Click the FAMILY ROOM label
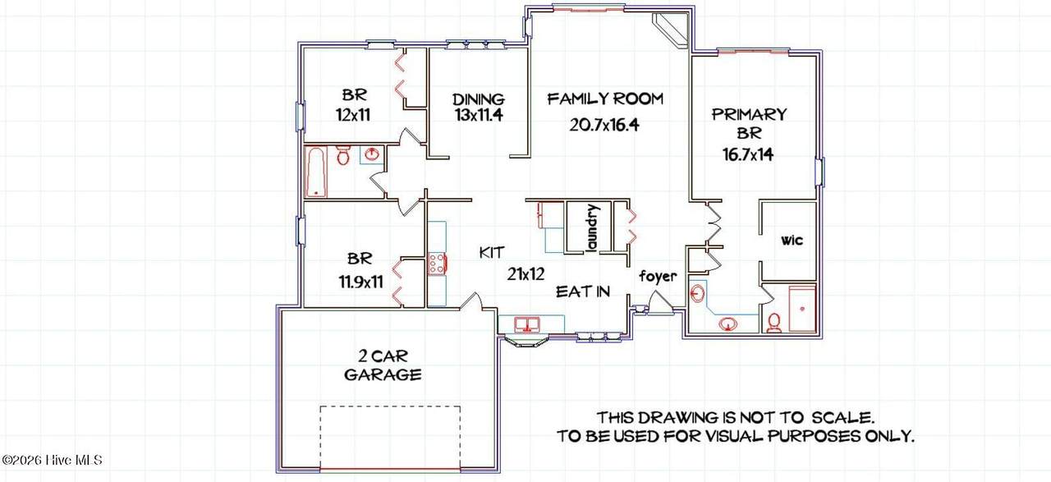click(x=605, y=99)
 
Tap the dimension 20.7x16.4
click(x=604, y=125)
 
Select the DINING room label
click(x=479, y=99)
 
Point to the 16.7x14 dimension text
click(x=748, y=154)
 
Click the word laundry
click(x=593, y=227)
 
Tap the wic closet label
click(x=792, y=241)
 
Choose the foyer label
click(x=658, y=277)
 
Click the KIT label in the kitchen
click(x=492, y=253)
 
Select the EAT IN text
click(x=583, y=291)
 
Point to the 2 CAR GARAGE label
click(x=383, y=365)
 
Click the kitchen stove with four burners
click(x=437, y=264)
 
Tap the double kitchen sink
click(x=527, y=324)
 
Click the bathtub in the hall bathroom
click(x=317, y=172)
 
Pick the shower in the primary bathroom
click(x=802, y=309)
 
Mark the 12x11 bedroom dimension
click(x=353, y=114)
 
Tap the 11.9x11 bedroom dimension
click(x=360, y=282)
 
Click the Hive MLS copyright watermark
click(x=52, y=460)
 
